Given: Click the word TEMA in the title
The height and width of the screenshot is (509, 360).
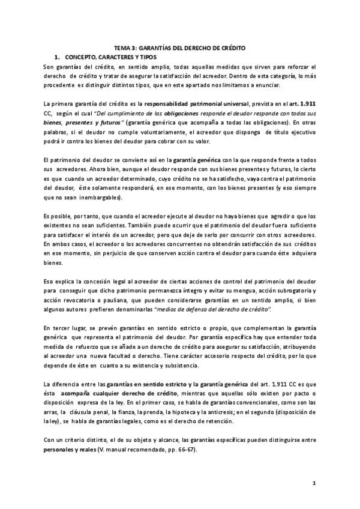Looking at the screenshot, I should click(123, 47).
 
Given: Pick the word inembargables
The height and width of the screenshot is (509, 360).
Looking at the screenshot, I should click(95, 197).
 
